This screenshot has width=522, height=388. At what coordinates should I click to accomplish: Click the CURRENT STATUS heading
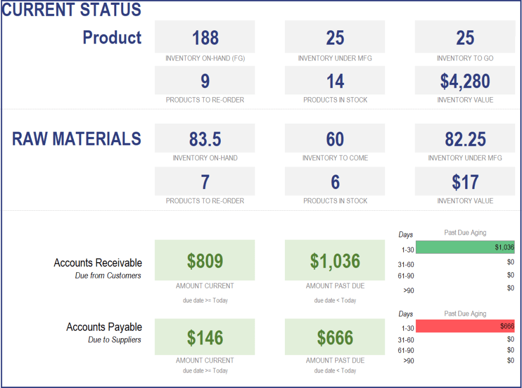click(x=72, y=10)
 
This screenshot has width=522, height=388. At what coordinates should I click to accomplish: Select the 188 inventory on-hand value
click(x=205, y=38)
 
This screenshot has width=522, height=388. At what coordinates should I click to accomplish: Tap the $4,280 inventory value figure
click(x=465, y=81)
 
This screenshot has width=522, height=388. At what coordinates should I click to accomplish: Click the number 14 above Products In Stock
click(x=335, y=81)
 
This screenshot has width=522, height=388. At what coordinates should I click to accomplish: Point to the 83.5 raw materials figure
click(x=205, y=139)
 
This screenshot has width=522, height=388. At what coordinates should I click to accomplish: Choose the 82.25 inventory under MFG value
click(x=465, y=139)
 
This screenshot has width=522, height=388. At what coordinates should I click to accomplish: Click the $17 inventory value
click(x=465, y=182)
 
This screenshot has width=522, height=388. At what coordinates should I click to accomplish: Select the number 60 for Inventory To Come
click(x=335, y=139)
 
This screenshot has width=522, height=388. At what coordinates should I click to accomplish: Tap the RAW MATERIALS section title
click(x=76, y=139)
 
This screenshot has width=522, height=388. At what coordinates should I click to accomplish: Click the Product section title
click(x=112, y=38)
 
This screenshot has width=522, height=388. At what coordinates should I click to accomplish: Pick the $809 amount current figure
click(x=205, y=261)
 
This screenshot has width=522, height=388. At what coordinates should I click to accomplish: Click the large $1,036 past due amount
click(x=335, y=261)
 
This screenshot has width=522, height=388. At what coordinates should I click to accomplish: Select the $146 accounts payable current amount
click(x=205, y=338)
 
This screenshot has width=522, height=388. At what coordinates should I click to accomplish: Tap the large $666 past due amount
click(x=335, y=338)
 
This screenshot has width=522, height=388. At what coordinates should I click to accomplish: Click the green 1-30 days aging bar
click(x=465, y=247)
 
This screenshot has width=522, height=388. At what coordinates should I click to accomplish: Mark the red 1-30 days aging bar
click(x=465, y=326)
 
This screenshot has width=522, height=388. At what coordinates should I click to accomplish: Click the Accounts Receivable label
click(x=98, y=263)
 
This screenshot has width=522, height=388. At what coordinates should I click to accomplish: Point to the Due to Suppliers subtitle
click(x=115, y=340)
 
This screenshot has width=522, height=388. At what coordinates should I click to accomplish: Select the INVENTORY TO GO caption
click(x=465, y=58)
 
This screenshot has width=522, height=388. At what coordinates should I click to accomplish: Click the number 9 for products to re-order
click(x=205, y=81)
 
